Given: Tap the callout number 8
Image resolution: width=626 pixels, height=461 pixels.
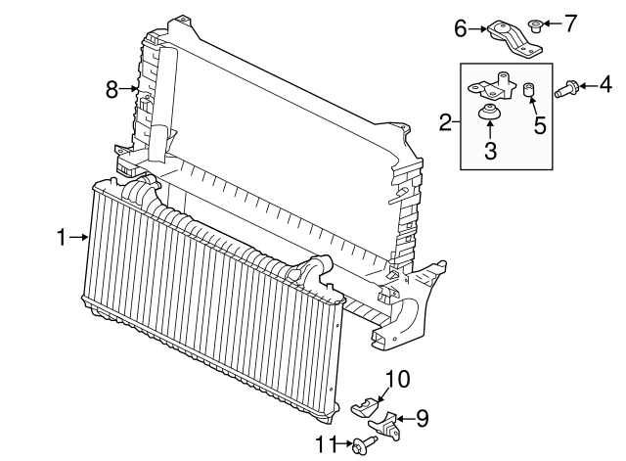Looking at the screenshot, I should coord(112,90).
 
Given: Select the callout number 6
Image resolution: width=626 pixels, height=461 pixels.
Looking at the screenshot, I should coord(461,29).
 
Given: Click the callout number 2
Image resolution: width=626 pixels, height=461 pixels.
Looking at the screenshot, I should coord(446,122).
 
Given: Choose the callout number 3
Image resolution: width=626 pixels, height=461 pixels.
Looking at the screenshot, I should coord(491,150).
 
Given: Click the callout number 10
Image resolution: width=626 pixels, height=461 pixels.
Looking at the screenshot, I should coord(398,378).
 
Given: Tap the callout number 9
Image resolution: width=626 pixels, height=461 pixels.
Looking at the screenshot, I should coord(423,419).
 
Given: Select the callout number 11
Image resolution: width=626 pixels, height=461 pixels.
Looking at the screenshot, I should coord(327,444).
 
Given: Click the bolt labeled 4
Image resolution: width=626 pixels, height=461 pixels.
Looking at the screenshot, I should coord(564,90).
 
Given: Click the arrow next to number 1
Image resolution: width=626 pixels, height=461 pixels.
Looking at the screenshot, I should coord(80,236).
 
